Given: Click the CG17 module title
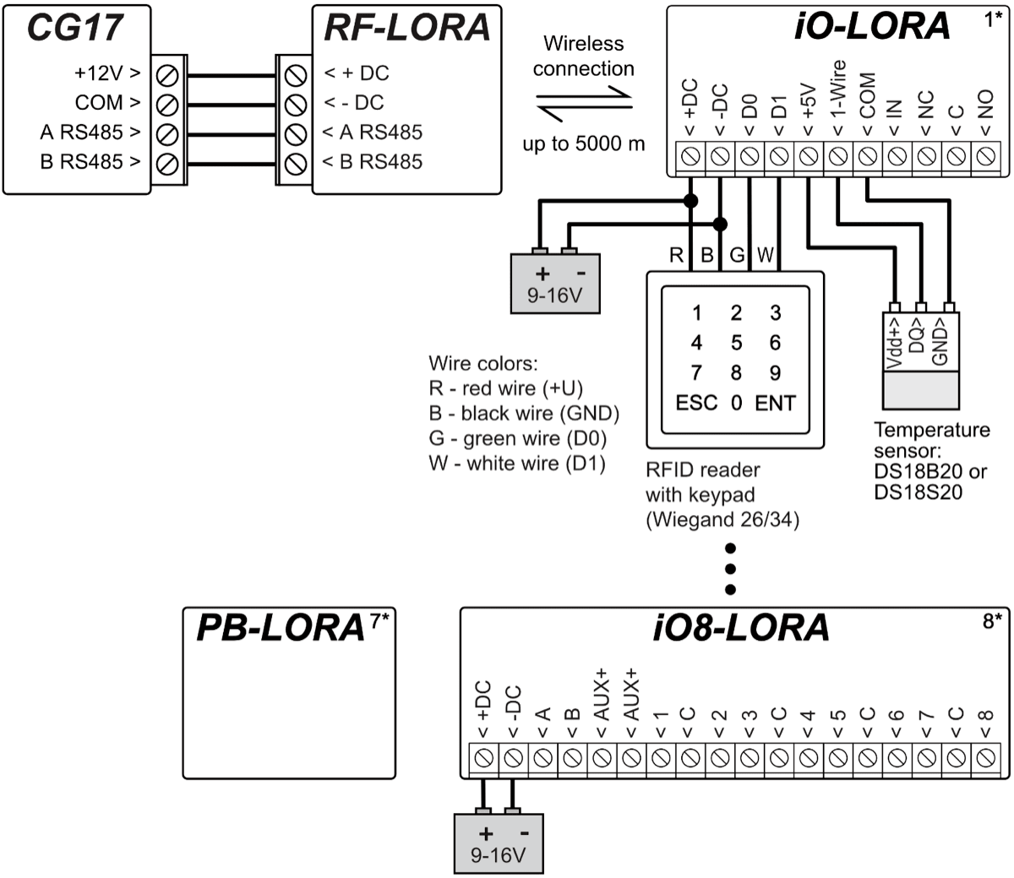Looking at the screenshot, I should [74, 28].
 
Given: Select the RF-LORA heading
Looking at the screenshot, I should [406, 28].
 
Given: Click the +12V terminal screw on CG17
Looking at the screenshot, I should [167, 74].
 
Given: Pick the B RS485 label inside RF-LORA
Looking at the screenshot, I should [372, 161].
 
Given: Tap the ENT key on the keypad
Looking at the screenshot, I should [775, 403].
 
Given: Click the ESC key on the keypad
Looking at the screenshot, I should [696, 403].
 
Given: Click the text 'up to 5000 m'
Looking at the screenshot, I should [583, 144].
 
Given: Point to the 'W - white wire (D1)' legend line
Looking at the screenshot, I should [517, 463].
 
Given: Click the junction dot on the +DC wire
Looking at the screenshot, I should [690, 201].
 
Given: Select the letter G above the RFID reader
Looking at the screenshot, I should [737, 254].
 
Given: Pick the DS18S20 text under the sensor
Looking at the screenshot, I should [918, 491].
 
